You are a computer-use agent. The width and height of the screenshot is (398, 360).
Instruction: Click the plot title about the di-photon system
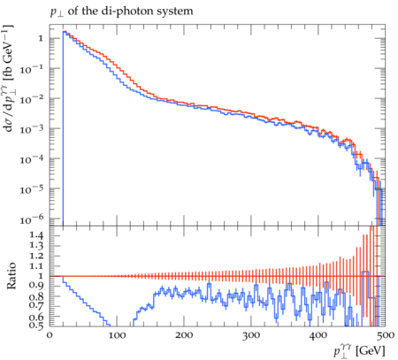click(x=121, y=11)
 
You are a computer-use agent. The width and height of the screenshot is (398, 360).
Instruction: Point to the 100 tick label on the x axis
click(x=117, y=335)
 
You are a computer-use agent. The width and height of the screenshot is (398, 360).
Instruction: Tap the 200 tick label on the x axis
click(x=184, y=335)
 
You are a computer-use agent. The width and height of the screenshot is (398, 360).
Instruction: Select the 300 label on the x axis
click(x=251, y=335)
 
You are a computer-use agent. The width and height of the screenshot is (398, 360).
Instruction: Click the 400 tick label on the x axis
click(x=318, y=335)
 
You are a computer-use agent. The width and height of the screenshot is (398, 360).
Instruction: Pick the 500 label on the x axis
click(x=386, y=335)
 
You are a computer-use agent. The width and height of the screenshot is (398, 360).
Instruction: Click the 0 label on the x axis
click(x=50, y=335)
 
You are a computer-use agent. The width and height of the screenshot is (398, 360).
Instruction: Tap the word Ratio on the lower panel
click(x=11, y=276)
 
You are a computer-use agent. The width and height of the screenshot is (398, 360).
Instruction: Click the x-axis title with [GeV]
click(x=359, y=350)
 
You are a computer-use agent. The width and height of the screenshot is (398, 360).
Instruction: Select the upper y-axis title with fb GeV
click(x=9, y=78)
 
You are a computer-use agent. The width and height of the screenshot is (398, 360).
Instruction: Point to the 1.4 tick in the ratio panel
click(x=35, y=235)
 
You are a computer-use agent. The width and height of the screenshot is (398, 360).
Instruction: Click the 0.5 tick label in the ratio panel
click(x=35, y=326)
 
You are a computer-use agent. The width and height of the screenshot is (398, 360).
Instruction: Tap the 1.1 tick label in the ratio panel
click(x=35, y=265)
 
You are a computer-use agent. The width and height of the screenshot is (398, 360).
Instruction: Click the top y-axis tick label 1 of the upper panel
click(x=41, y=38)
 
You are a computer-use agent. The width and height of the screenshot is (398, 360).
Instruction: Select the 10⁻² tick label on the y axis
click(x=32, y=99)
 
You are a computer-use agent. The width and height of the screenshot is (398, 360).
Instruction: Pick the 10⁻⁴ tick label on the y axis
click(x=32, y=159)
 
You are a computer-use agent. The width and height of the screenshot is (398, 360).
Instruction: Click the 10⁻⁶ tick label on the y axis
click(x=32, y=219)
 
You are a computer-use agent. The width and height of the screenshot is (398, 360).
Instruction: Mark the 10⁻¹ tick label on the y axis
click(x=32, y=69)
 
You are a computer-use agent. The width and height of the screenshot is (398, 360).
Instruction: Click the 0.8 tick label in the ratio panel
click(x=35, y=296)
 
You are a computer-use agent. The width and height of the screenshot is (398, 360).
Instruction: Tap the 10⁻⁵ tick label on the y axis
click(x=32, y=189)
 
